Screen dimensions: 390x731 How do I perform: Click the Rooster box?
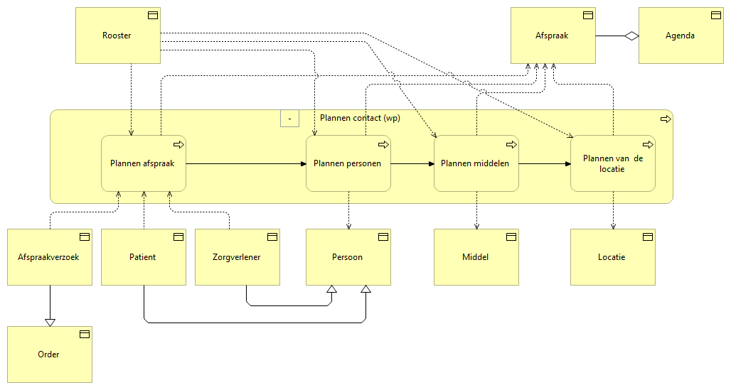(117, 36)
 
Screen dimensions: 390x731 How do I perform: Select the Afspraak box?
(553, 36)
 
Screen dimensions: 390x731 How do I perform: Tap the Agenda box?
(681, 36)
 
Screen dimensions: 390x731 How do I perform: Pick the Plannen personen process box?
(348, 163)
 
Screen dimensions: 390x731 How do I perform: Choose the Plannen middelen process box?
(476, 163)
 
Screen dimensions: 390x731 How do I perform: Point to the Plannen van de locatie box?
(612, 163)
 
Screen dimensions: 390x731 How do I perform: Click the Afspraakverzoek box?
(50, 257)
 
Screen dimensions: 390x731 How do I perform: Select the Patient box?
(143, 257)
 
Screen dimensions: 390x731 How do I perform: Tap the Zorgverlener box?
(237, 257)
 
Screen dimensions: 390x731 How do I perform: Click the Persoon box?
(348, 257)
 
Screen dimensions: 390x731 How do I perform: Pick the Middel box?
(476, 257)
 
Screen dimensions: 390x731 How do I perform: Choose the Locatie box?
(612, 257)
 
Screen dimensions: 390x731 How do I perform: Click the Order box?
(50, 354)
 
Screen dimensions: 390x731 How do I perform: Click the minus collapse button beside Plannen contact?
(289, 118)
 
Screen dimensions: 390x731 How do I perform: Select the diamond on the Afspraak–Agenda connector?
(630, 36)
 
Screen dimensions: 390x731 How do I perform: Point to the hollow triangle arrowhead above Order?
(50, 322)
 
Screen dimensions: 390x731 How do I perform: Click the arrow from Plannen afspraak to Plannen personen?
(245, 163)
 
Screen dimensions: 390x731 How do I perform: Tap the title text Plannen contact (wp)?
(360, 118)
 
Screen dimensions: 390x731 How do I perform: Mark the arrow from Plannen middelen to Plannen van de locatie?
(544, 163)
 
